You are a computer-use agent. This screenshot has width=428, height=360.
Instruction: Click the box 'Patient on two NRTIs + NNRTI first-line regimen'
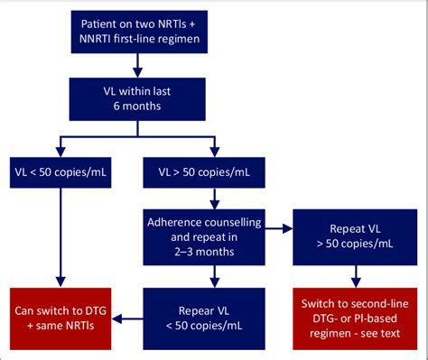tap(135, 33)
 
